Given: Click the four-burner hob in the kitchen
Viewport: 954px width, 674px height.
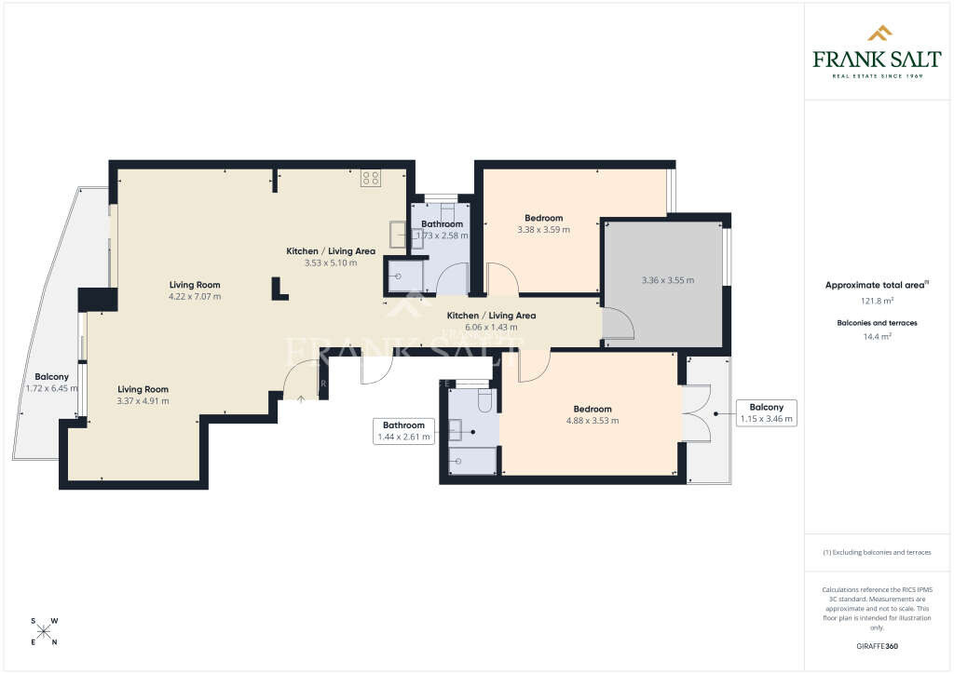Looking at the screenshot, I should (371, 178).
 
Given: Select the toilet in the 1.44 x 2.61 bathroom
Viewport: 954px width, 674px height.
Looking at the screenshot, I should (484, 400).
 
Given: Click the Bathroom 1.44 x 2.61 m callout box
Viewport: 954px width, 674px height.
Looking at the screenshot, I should (403, 430).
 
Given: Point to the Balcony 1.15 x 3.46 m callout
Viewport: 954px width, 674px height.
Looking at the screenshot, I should (767, 412).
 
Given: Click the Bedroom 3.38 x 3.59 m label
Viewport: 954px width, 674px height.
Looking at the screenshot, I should (543, 223).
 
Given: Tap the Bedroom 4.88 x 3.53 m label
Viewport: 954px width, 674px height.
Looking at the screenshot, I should (592, 414).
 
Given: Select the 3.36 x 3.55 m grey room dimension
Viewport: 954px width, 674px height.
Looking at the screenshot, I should (667, 280).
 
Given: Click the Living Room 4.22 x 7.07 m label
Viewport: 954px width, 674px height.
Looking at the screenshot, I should (195, 290).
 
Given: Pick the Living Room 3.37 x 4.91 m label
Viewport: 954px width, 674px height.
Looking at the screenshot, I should (143, 395).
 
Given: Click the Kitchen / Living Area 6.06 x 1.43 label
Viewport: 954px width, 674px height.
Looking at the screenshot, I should (490, 321).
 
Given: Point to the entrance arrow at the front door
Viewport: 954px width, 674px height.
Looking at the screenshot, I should (300, 398).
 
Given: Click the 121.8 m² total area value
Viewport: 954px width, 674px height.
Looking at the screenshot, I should (877, 302).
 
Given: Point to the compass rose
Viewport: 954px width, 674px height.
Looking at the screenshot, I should (43, 631).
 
